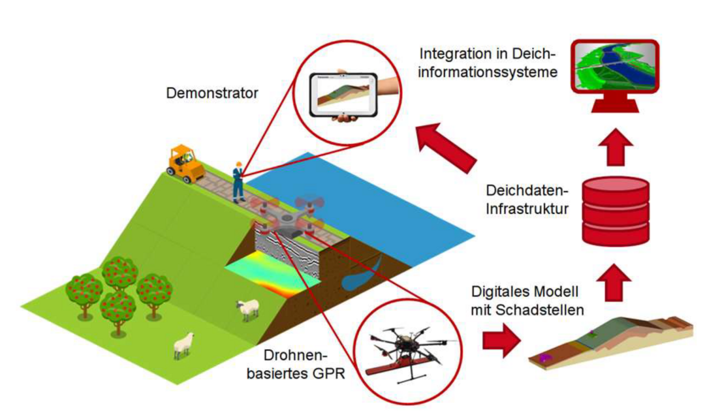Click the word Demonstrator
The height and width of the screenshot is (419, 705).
[212, 93]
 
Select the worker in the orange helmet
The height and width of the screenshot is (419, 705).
[238, 183]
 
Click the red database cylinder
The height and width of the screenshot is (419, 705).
[616, 211]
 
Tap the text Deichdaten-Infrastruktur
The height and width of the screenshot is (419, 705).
[527, 200]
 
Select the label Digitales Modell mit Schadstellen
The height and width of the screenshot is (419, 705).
[527, 301]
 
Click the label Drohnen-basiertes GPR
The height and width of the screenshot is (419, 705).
[296, 365]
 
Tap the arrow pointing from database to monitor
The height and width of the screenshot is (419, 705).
[616, 147]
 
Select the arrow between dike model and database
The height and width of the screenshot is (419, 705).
[614, 283]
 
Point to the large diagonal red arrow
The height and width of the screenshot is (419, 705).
[445, 148]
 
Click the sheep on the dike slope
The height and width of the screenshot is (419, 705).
[247, 309]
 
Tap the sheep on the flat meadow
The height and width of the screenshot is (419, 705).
[184, 345]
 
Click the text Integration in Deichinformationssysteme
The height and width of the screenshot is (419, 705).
[488, 63]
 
